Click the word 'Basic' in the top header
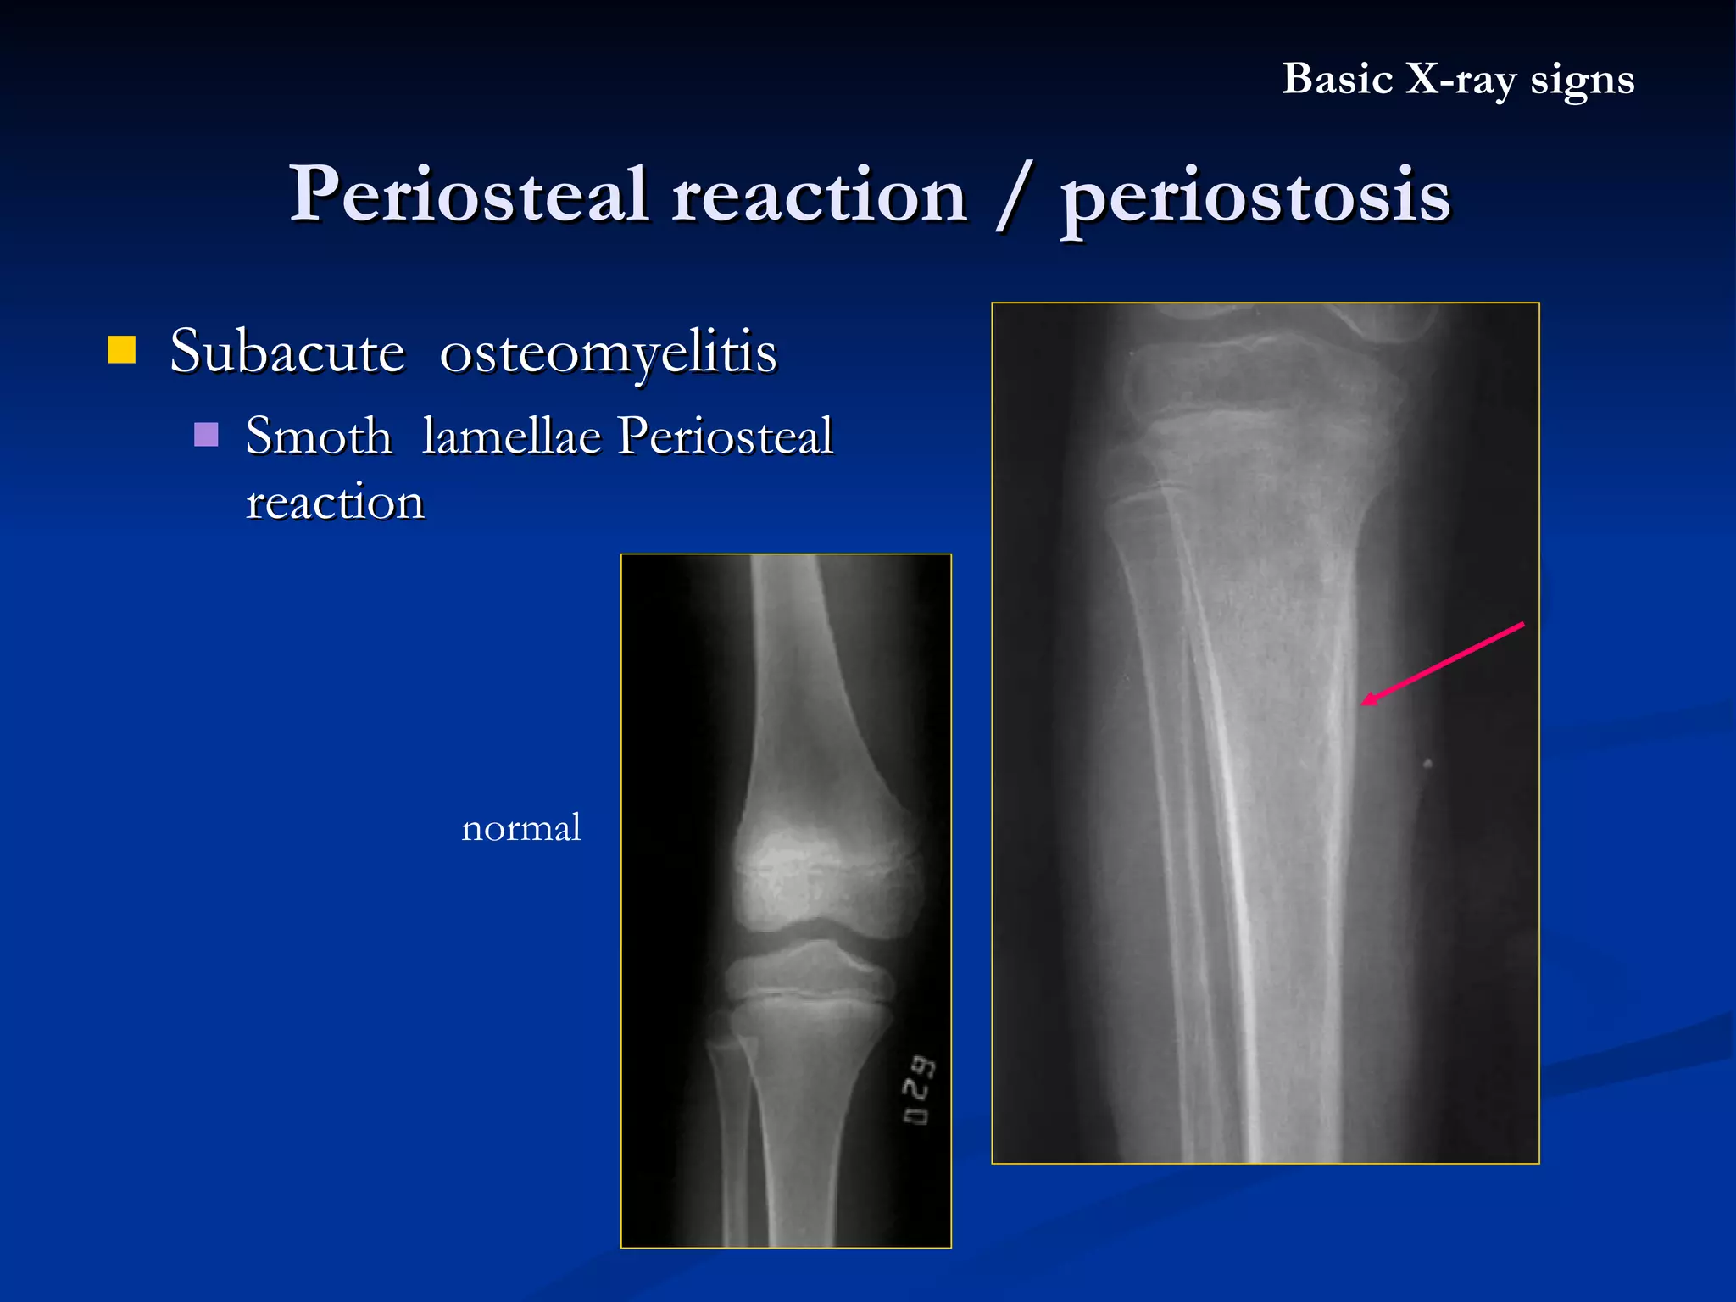point(1337,80)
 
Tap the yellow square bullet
point(122,349)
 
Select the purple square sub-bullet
point(206,434)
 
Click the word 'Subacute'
point(287,351)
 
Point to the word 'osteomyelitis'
point(608,353)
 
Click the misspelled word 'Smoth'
point(319,437)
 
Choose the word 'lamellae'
point(511,437)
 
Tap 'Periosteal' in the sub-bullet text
point(725,437)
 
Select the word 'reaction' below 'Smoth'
point(335,502)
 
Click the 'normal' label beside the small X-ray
point(520,828)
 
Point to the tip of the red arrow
point(1363,704)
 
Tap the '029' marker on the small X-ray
point(919,1090)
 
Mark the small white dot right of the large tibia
point(1427,763)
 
